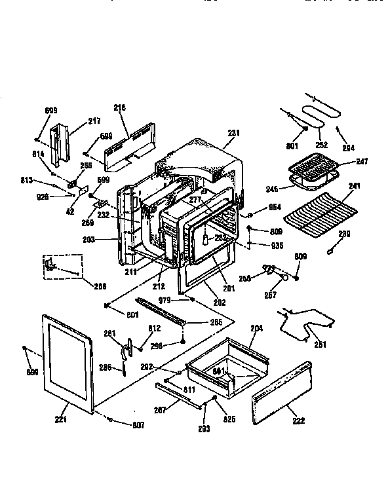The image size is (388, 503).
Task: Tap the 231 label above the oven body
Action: pyautogui.click(x=233, y=133)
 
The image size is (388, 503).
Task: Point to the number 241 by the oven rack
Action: pyautogui.click(x=355, y=185)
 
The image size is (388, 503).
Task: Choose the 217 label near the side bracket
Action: pyautogui.click(x=94, y=121)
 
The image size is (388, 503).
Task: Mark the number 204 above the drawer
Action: pyautogui.click(x=256, y=327)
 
